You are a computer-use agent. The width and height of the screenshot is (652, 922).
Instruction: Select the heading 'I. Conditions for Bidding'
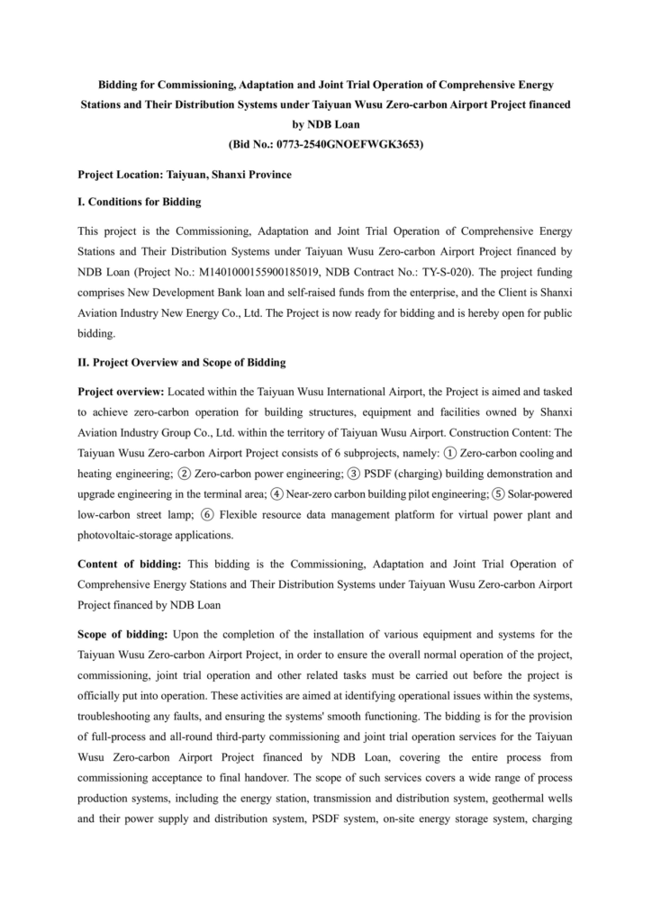point(140,202)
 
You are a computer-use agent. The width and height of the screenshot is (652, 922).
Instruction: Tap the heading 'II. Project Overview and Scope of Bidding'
point(182,362)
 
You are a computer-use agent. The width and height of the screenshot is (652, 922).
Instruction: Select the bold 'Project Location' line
point(185,173)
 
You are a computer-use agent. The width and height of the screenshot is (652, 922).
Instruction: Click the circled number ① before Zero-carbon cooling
point(450,453)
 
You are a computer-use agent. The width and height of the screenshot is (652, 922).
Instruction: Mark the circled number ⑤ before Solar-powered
point(500,493)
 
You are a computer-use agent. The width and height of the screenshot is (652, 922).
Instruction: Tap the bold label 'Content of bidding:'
point(130,564)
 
